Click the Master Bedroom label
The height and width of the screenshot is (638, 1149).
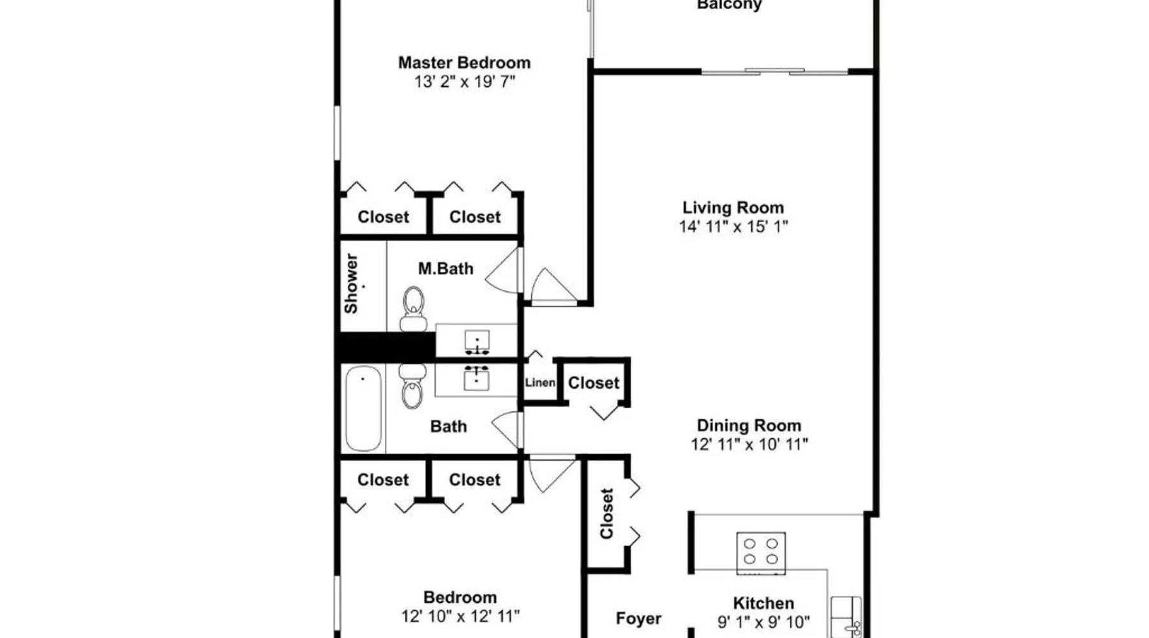[x=464, y=63]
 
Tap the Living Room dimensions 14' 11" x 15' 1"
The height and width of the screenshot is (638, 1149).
[x=733, y=226]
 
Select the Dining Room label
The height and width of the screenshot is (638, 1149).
[x=749, y=426]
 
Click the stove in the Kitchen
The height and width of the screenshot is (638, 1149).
[x=761, y=552]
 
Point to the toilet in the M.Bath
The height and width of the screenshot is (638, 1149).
[x=413, y=309]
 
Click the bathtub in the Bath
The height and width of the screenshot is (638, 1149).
[x=363, y=408]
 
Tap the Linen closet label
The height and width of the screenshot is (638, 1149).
[x=540, y=383]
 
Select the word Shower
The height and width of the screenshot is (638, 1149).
[x=351, y=284]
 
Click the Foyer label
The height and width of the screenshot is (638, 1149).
[x=638, y=618]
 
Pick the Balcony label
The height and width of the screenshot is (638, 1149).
[x=729, y=5]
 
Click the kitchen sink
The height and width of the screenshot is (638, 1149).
[x=846, y=616]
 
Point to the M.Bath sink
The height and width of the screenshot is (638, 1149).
[x=477, y=342]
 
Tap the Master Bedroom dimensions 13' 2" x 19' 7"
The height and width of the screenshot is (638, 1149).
[x=464, y=82]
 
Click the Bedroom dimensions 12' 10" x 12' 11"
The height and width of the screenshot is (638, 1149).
[x=460, y=616]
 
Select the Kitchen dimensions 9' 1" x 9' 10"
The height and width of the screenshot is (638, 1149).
[x=763, y=621]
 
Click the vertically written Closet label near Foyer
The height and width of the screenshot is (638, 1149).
[x=606, y=514]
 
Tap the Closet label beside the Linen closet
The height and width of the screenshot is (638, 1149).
[x=594, y=383]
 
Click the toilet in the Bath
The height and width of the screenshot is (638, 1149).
[x=412, y=386]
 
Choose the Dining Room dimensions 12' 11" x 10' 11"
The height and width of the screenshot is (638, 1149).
[x=749, y=445]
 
